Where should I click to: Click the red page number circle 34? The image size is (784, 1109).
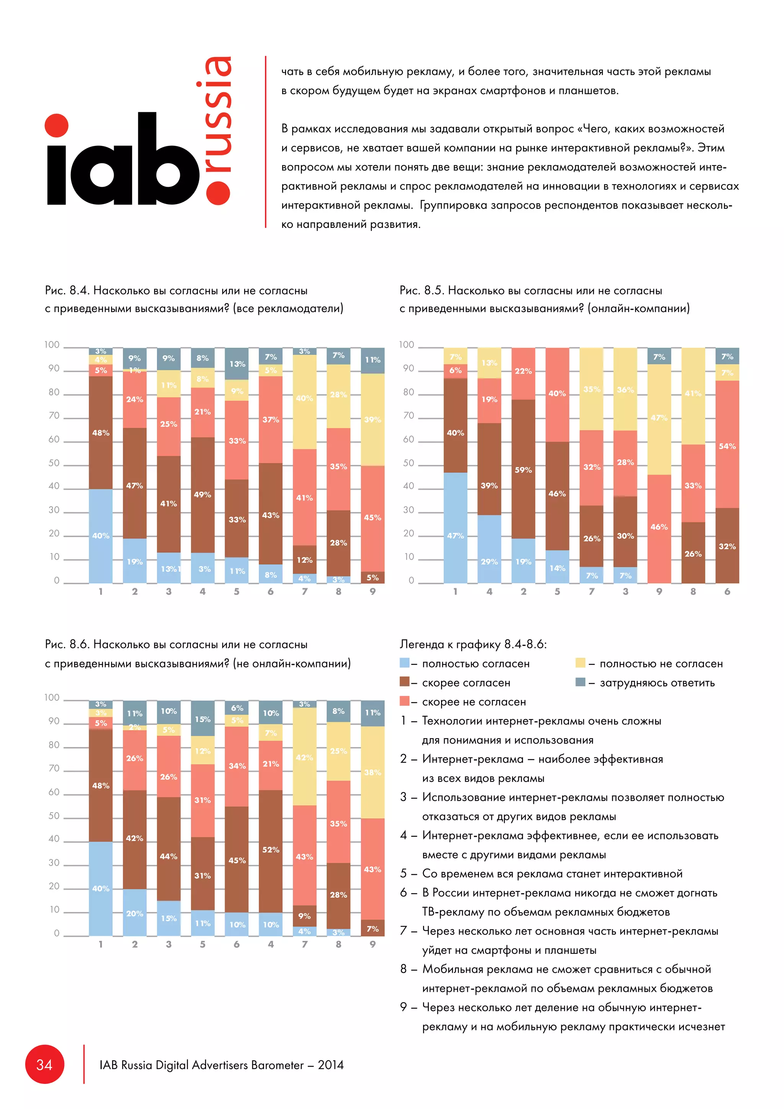44,1065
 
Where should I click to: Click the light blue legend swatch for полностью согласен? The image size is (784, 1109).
405,663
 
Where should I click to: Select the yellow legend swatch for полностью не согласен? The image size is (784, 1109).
580,663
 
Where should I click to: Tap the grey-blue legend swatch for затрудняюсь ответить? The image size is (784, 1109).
580,682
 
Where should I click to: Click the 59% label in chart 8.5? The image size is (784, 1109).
523,469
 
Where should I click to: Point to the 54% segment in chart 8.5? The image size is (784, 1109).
727,445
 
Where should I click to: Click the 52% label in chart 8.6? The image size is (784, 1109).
271,849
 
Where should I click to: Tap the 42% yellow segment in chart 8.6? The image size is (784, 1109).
305,757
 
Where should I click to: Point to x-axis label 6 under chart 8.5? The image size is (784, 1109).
727,591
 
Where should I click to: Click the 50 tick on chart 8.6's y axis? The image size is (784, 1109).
54,816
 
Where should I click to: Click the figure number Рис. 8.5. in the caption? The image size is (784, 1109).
421,290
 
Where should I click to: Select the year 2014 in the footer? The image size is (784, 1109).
331,1065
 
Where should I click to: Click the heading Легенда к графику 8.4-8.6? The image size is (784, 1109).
473,644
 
